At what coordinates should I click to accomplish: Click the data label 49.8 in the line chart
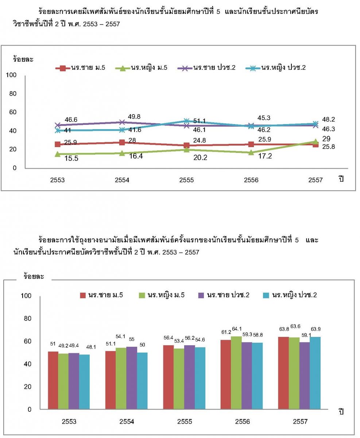(134, 116)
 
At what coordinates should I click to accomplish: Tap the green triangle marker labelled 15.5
(58, 154)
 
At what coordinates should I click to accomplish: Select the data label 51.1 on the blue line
(199, 121)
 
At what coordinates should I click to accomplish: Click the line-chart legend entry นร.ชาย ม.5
(81, 68)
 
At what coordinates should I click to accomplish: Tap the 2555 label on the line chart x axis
(186, 180)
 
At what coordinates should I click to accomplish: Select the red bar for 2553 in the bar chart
(53, 380)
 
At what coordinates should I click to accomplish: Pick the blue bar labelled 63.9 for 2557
(315, 373)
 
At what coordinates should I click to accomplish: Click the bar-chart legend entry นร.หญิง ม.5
(162, 295)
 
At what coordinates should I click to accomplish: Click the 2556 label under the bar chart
(243, 422)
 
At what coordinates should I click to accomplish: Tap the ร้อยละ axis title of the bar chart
(34, 277)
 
